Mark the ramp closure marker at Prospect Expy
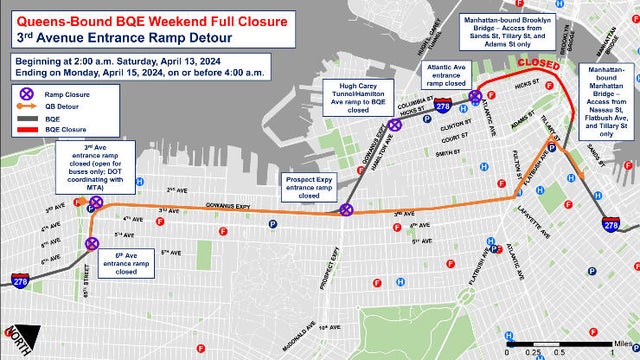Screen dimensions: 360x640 coord(346,210)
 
